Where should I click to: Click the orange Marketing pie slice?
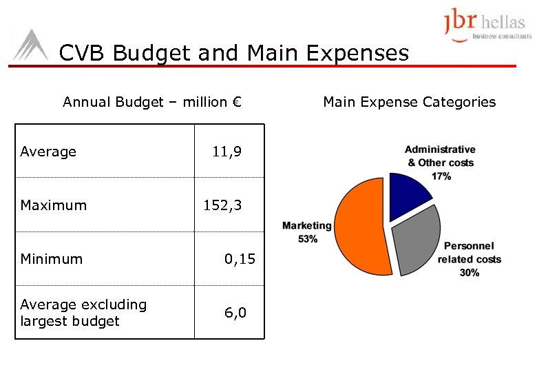tap(358, 227)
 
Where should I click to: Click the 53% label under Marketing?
tap(308, 239)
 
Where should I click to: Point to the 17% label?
tap(441, 176)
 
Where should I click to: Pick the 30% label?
tap(469, 273)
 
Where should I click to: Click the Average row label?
tap(48, 152)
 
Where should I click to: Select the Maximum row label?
tap(54, 205)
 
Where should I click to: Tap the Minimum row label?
tap(52, 259)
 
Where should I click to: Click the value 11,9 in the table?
tap(227, 152)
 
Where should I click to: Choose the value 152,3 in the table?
tap(222, 205)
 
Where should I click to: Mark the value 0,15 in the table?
tap(240, 259)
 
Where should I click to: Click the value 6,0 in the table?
tap(235, 313)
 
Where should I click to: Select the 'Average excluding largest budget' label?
tap(83, 313)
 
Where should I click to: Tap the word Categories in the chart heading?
tap(461, 102)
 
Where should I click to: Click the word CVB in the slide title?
tap(83, 53)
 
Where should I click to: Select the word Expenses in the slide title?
tap(356, 53)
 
